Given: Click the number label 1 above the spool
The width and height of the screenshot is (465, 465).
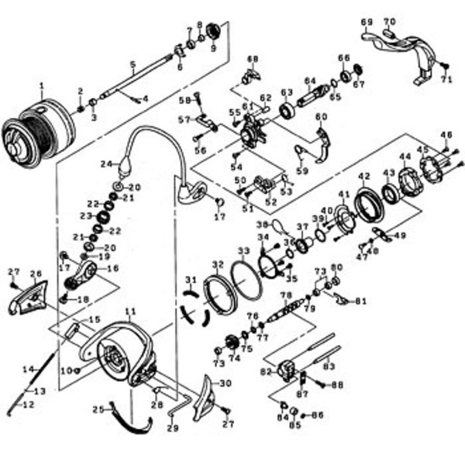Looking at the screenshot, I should (x=42, y=84).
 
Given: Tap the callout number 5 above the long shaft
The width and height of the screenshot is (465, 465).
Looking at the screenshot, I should (x=133, y=64).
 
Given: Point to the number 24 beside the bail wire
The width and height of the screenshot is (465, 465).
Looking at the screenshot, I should (x=106, y=164).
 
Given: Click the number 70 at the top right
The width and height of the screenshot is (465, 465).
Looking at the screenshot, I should (x=389, y=21).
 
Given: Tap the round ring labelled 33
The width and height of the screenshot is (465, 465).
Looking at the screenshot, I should (x=248, y=274).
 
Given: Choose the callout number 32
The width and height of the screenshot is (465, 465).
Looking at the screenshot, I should (x=217, y=264).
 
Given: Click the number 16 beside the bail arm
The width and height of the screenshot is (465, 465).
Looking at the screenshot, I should (x=114, y=268).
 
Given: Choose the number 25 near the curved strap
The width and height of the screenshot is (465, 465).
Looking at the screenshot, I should (x=98, y=408).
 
